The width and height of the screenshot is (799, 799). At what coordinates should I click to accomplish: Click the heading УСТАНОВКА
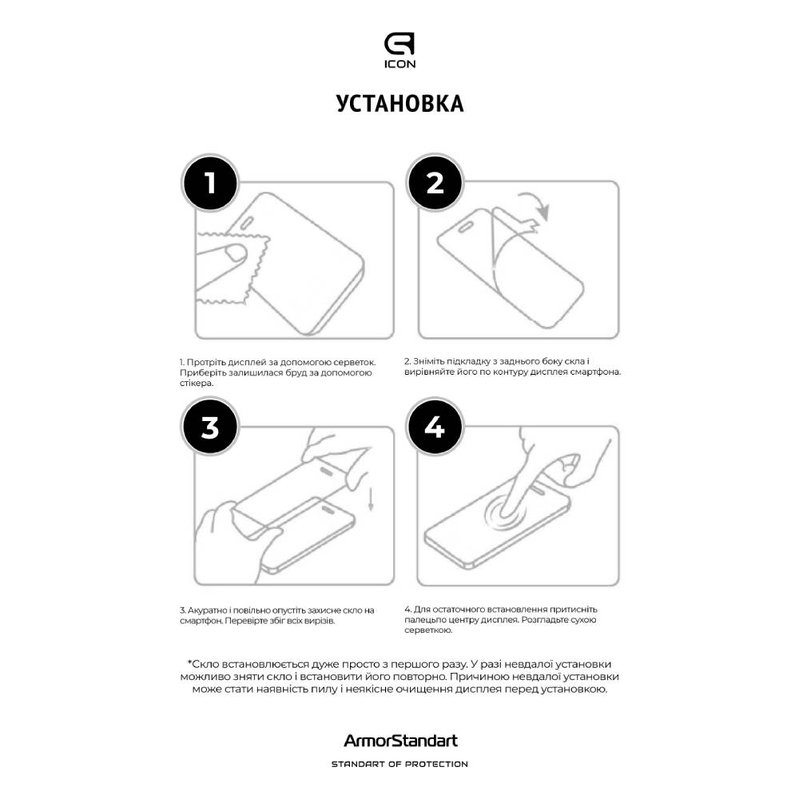(399, 105)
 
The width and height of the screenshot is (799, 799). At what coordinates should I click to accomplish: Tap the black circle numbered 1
(210, 183)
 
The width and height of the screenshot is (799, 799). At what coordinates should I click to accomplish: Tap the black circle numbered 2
(435, 183)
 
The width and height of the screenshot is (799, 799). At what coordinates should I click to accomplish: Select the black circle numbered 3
(210, 428)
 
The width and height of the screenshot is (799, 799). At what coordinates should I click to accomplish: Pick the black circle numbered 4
(435, 428)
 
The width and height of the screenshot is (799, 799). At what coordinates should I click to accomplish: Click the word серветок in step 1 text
(356, 362)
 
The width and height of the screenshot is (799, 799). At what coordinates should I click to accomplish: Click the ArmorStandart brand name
(399, 741)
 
